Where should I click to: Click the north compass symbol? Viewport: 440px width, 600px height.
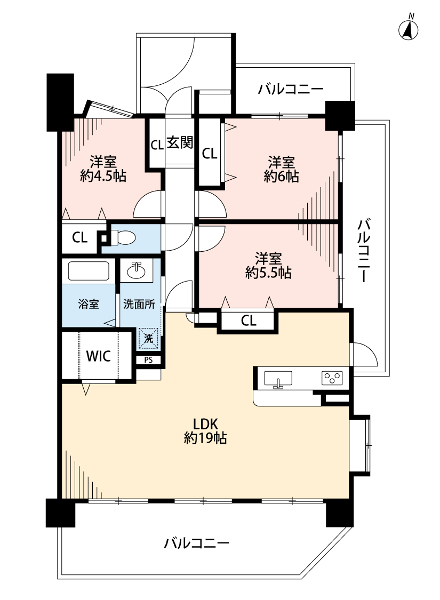[409, 30]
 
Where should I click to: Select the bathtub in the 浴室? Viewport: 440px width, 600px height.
[89, 271]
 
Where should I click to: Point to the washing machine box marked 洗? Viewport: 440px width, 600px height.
[149, 338]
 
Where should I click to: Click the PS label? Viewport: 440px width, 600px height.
[148, 360]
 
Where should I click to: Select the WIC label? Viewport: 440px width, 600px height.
[99, 356]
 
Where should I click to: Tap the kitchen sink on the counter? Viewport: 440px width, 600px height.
[278, 379]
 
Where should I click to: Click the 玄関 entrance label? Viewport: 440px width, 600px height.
[180, 143]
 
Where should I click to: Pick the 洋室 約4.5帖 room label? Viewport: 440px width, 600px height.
[103, 169]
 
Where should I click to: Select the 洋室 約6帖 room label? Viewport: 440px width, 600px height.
[281, 169]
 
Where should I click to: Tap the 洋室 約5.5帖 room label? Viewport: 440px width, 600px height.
[268, 266]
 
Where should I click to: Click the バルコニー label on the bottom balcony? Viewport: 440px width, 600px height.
[197, 543]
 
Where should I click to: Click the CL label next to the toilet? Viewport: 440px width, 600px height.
[80, 238]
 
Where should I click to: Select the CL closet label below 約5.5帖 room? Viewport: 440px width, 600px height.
[249, 321]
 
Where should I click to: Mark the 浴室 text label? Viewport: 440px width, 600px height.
[88, 305]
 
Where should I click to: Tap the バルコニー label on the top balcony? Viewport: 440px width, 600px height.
[291, 89]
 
